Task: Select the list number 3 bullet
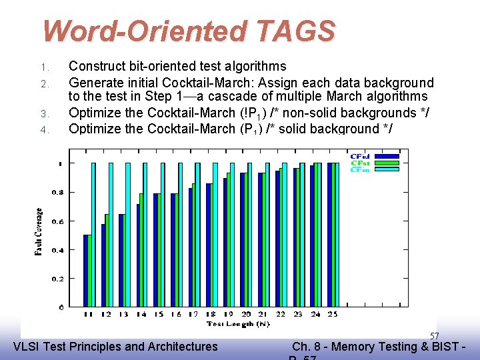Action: tap(43, 113)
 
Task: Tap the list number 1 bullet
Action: tap(43, 67)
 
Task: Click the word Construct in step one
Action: tap(98, 67)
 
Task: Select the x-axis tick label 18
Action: tap(211, 314)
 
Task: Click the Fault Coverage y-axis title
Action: tap(39, 232)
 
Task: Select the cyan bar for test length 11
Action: tap(94, 235)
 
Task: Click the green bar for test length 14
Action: tap(141, 250)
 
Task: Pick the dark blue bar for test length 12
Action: tap(103, 265)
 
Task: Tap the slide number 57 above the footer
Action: tap(434, 336)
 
